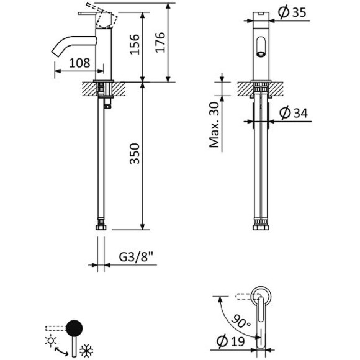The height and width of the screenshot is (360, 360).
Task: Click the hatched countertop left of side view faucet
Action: [x=88, y=88]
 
